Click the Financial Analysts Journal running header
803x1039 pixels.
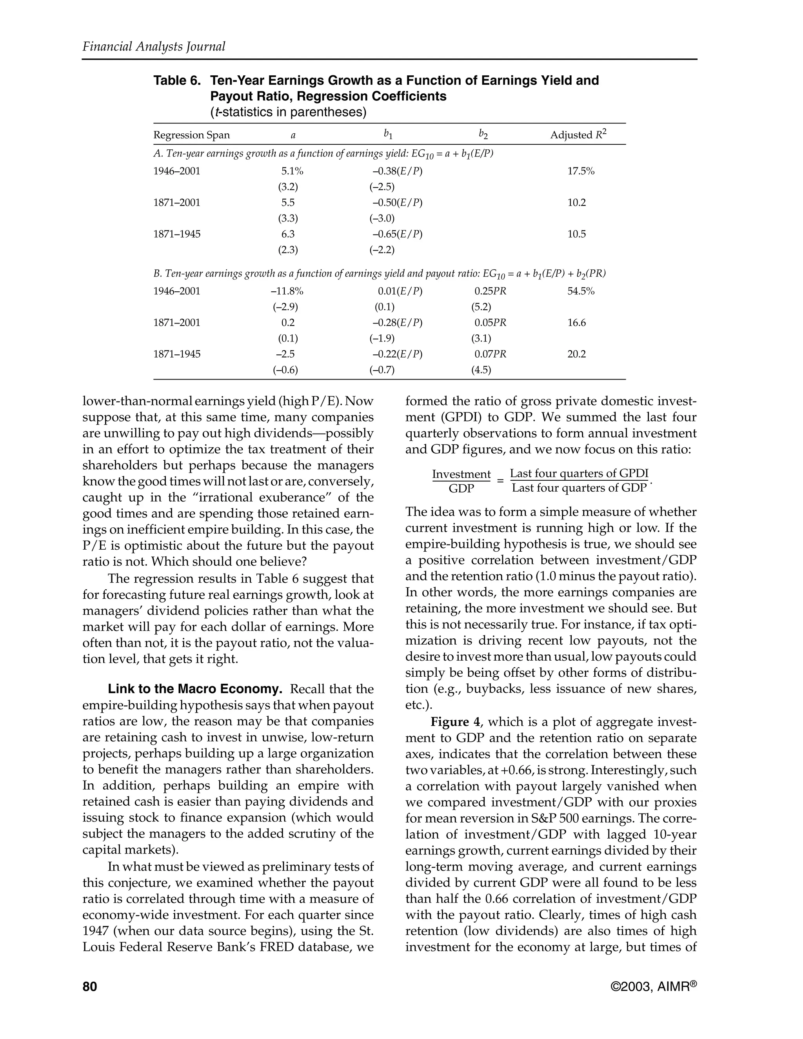(x=154, y=47)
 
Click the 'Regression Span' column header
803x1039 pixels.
(x=191, y=135)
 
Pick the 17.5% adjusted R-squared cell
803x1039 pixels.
(x=581, y=171)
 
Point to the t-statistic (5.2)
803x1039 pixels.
(x=481, y=307)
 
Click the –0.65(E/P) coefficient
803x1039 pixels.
(x=397, y=234)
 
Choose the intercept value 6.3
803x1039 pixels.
(x=288, y=234)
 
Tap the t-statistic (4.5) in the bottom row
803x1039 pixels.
(x=481, y=370)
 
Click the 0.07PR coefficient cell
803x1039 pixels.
(x=491, y=354)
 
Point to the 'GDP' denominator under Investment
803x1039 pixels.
(x=461, y=489)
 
